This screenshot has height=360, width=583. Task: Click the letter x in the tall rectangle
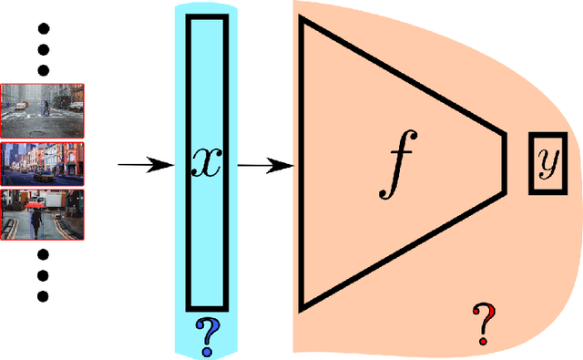click(207, 162)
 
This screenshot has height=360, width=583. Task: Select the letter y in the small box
click(547, 163)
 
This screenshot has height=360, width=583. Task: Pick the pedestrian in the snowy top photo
click(46, 107)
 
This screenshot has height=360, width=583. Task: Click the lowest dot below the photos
click(41, 295)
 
